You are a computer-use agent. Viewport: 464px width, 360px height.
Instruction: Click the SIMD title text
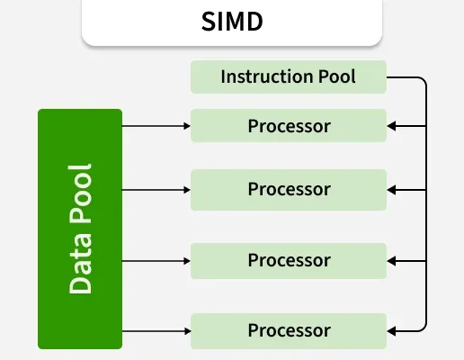tap(232, 22)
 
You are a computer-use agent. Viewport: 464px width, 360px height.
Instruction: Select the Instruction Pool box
tap(289, 76)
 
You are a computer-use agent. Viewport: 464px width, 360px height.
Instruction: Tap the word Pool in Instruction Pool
tap(337, 76)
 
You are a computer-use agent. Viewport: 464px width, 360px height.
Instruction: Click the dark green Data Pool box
tap(80, 229)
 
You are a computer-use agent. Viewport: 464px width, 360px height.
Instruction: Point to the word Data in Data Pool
tap(80, 263)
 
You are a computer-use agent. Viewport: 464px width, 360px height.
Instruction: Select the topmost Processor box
tap(289, 126)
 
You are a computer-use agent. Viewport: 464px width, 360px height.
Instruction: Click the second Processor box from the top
tap(289, 190)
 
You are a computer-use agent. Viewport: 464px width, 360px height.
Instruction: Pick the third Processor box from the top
tap(289, 261)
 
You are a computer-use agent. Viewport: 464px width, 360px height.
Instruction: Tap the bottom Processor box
tap(289, 331)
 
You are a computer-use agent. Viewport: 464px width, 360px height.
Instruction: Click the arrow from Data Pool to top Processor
tap(156, 126)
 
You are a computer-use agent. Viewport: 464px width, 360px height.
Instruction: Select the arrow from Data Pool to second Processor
tap(156, 190)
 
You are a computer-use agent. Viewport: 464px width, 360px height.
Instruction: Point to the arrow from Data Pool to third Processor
tap(156, 261)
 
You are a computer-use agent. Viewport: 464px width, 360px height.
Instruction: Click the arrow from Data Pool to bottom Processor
tap(156, 331)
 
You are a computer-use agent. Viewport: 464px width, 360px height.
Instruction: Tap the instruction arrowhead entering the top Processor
tap(391, 126)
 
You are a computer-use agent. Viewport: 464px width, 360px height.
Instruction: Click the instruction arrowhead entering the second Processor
tap(391, 190)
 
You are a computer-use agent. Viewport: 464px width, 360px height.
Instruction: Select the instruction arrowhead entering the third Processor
tap(391, 261)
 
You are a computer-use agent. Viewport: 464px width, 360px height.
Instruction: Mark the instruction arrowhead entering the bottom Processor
tap(391, 331)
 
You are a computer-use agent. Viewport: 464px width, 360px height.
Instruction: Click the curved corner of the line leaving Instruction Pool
tap(424, 80)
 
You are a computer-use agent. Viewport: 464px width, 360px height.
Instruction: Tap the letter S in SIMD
tap(209, 22)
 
